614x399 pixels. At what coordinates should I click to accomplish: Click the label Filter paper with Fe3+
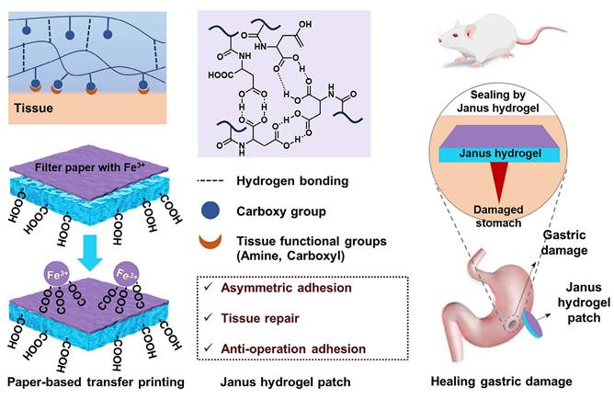tap(102, 169)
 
